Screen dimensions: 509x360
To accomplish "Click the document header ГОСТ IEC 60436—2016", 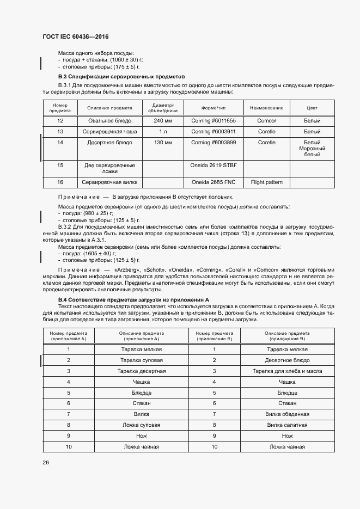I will coord(75,36).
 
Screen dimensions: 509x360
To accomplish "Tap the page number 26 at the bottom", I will coord(46,462).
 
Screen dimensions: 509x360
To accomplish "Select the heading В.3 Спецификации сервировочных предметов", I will coord(121,77).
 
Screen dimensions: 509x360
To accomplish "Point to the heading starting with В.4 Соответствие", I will coord(134,300).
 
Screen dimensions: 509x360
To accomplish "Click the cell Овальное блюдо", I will coord(109,120).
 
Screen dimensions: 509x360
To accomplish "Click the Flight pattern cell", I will coord(266,182).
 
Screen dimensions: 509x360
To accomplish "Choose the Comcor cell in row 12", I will coord(266,120).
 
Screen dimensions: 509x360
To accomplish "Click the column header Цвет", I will coord(312,108).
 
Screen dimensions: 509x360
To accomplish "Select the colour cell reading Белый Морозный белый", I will coord(312,149).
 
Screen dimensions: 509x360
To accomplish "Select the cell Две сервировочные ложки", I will coord(109,168).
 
